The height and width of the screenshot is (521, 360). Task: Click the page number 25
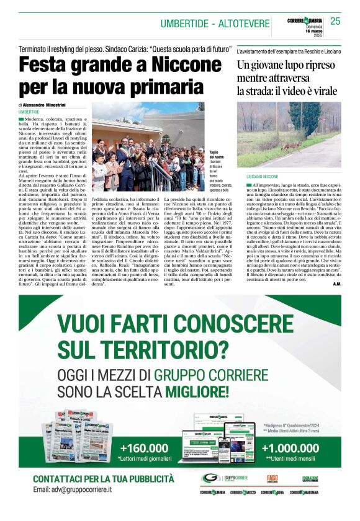335,21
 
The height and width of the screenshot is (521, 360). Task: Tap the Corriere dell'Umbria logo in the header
304,20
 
